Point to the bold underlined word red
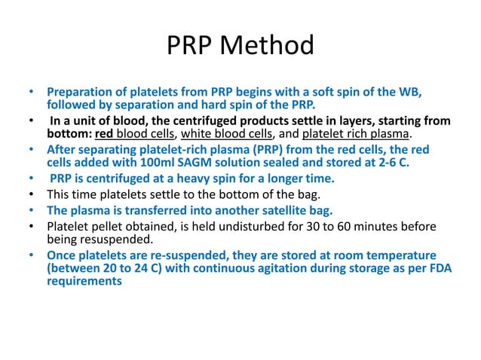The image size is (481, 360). (x=103, y=134)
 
